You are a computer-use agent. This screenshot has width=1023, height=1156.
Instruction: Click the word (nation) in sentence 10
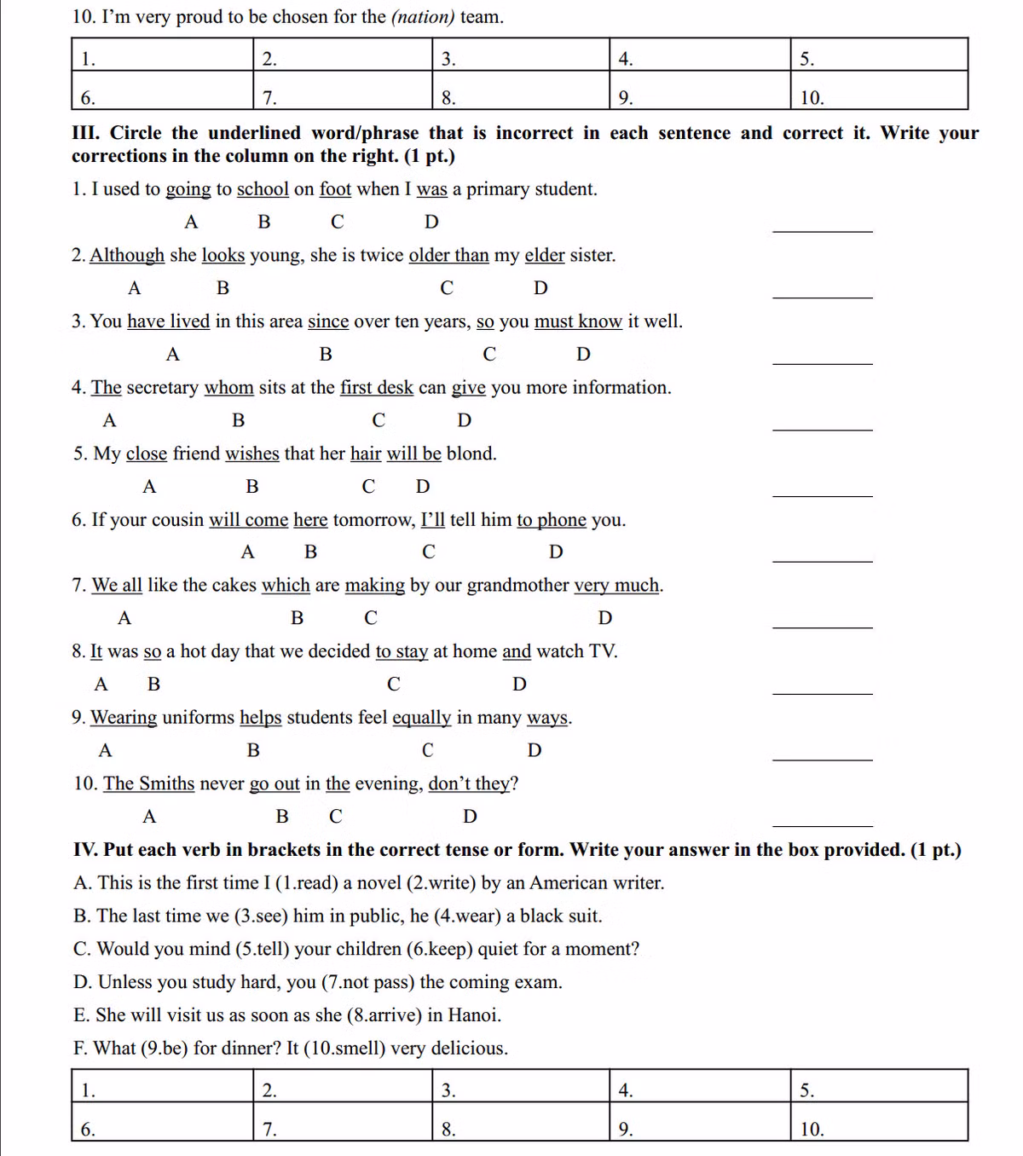[x=423, y=17]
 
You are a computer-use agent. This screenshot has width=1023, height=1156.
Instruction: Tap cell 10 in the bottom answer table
[x=878, y=1123]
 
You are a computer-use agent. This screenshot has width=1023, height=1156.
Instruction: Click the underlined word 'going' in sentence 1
[x=188, y=189]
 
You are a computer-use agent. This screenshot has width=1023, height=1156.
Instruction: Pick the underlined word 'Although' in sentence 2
[x=127, y=256]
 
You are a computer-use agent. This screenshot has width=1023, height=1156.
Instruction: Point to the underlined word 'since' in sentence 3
[x=328, y=321]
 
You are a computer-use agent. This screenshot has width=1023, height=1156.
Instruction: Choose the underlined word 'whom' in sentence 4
[x=228, y=388]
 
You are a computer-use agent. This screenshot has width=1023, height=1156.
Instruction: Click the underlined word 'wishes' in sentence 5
[x=251, y=454]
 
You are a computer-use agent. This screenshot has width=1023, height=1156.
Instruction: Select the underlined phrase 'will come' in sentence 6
[x=248, y=520]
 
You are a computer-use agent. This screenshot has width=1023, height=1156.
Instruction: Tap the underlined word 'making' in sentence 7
[x=374, y=586]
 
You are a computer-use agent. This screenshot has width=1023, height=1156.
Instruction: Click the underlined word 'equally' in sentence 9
[x=421, y=718]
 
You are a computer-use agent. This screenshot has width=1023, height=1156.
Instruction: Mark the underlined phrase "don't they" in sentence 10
[x=469, y=783]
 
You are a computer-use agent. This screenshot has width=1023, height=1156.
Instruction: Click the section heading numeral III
[x=85, y=133]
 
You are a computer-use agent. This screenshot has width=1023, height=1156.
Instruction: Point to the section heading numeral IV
[x=84, y=850]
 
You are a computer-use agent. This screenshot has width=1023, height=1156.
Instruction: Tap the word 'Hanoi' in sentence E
[x=473, y=1015]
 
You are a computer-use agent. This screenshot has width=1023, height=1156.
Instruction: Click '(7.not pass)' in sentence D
[x=367, y=982]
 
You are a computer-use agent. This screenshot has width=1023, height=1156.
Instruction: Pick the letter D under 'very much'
[x=605, y=618]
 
